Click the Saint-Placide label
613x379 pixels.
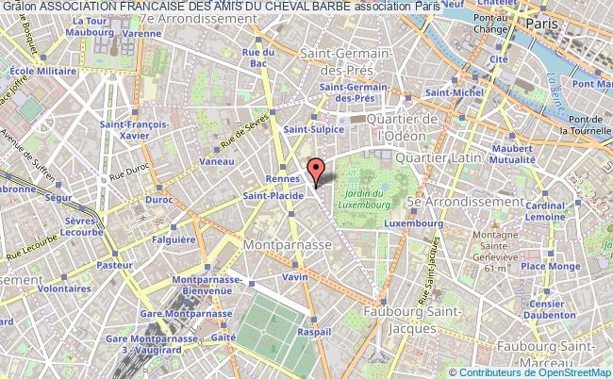tap(272, 196)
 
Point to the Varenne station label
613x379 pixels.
tap(141, 33)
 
